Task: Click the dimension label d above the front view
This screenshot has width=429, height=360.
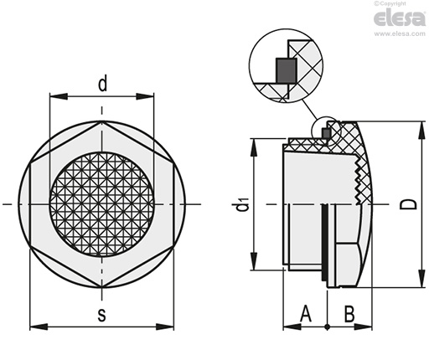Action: pos(102,84)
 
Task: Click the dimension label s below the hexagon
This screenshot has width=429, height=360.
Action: pos(102,315)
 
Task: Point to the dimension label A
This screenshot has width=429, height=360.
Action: pos(306,313)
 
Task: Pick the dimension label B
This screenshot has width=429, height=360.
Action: pos(349,314)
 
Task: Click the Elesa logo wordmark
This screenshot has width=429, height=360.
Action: pos(400,18)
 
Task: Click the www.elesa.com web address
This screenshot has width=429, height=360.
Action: pos(400,33)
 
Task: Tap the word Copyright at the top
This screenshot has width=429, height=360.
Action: pos(391,3)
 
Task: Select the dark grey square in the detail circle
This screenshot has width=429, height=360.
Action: pos(287,70)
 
